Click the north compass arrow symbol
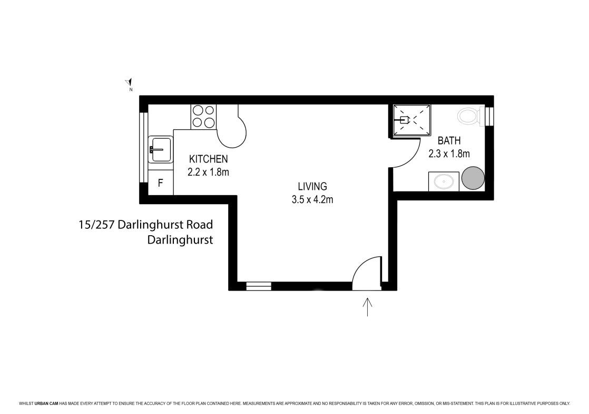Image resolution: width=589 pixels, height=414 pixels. pyautogui.click(x=129, y=82)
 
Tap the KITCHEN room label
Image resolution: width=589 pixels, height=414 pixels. pyautogui.click(x=208, y=159)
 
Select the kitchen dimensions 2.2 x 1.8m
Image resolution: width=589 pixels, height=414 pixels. pyautogui.click(x=208, y=172)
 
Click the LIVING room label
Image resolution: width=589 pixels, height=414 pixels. pyautogui.click(x=312, y=186)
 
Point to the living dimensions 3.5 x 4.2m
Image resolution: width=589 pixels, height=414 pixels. pyautogui.click(x=312, y=199)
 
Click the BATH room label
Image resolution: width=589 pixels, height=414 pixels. pyautogui.click(x=449, y=141)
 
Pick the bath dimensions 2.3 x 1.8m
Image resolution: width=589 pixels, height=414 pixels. pyautogui.click(x=449, y=154)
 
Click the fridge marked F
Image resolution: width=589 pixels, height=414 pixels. pyautogui.click(x=160, y=183)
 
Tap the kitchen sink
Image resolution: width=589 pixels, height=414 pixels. pyautogui.click(x=160, y=149)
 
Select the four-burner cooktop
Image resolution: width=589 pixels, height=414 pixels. pyautogui.click(x=203, y=117)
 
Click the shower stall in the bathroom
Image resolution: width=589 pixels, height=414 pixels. pyautogui.click(x=411, y=120)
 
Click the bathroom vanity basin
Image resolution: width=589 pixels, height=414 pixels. pyautogui.click(x=444, y=181)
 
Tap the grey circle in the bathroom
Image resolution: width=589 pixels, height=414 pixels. pyautogui.click(x=473, y=178)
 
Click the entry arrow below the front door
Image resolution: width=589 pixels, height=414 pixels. pyautogui.click(x=367, y=306)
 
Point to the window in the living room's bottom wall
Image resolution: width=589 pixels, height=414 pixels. pyautogui.click(x=259, y=286)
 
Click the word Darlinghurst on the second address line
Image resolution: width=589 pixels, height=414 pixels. pyautogui.click(x=180, y=239)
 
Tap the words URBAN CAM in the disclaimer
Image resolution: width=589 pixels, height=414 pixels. pyautogui.click(x=46, y=403)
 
